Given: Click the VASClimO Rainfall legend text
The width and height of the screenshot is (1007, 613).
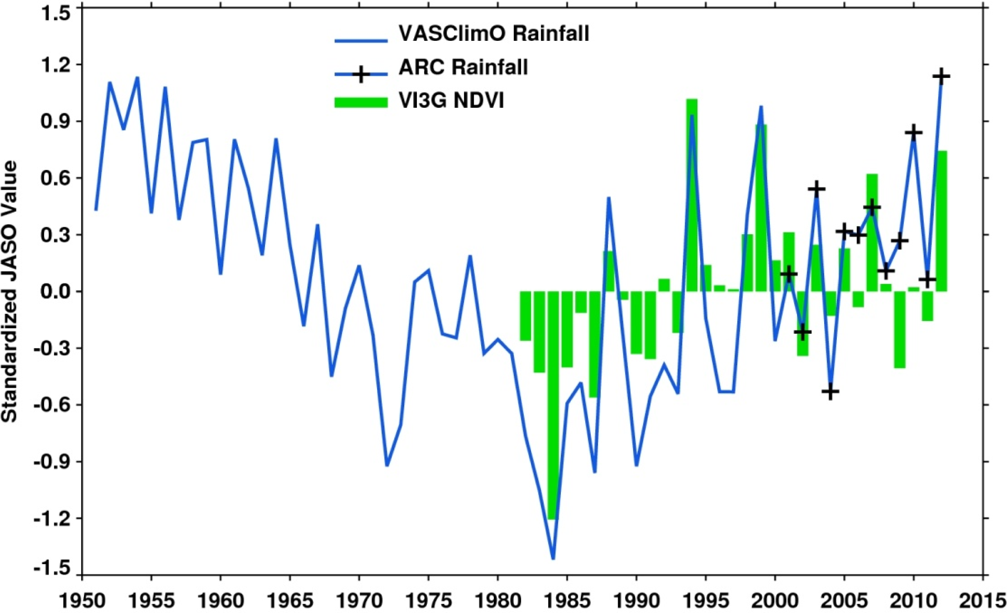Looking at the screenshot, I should (x=494, y=33).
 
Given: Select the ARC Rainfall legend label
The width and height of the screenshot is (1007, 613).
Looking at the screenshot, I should (x=463, y=67).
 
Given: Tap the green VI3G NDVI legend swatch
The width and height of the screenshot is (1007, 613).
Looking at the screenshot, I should (x=361, y=102).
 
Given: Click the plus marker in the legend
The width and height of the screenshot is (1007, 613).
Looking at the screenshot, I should (x=361, y=75).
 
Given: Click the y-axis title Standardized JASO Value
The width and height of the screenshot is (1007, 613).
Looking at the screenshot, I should (x=10, y=291).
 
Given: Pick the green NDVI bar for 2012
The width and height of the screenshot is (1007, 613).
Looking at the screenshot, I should (x=941, y=221).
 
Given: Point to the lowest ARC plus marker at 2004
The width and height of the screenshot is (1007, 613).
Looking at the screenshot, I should (x=830, y=392).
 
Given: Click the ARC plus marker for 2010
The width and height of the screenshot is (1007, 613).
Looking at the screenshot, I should (x=913, y=133).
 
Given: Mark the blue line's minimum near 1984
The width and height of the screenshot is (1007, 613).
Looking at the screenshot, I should (x=553, y=558).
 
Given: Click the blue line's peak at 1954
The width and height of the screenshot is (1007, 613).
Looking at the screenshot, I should (x=137, y=78).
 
